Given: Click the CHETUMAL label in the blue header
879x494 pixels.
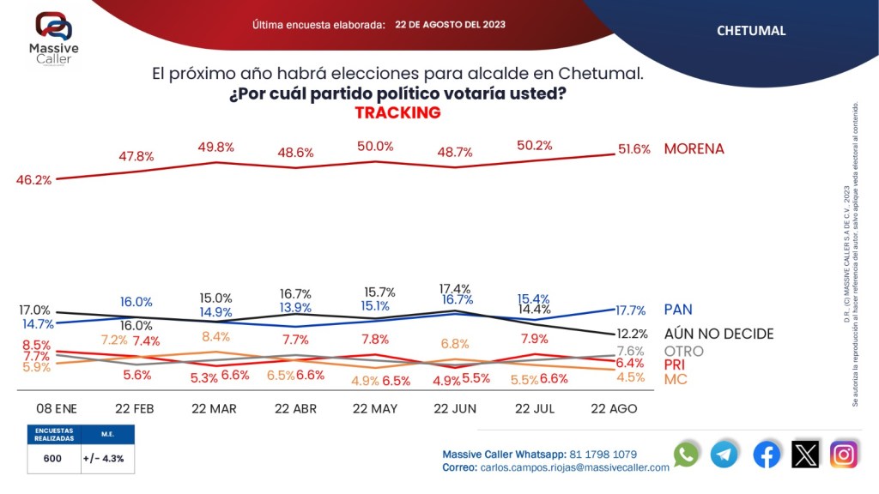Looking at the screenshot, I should click(x=751, y=31).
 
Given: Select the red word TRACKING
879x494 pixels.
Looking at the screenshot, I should click(x=397, y=113).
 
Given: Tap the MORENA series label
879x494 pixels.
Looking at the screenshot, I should click(x=694, y=149).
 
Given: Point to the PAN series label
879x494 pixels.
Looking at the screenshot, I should click(x=678, y=309).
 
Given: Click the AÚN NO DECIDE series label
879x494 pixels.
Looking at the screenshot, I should click(x=719, y=334).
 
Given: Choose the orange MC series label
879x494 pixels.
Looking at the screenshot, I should click(x=676, y=379).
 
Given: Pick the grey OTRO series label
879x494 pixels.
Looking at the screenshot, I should click(x=683, y=351).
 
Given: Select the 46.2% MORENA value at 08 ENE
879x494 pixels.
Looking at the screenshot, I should click(x=33, y=180).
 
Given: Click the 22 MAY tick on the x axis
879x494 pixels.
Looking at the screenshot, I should click(x=375, y=409).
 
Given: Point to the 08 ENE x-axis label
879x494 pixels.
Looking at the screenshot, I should click(x=56, y=409).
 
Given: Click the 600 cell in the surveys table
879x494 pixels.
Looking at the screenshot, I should click(x=52, y=459).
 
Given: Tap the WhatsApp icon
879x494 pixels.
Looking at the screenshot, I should click(x=686, y=455).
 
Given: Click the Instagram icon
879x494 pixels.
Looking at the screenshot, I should click(x=844, y=455).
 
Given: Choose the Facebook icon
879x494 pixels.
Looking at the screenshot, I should click(x=766, y=455).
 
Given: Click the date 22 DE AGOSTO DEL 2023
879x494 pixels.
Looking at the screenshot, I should click(x=450, y=25).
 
